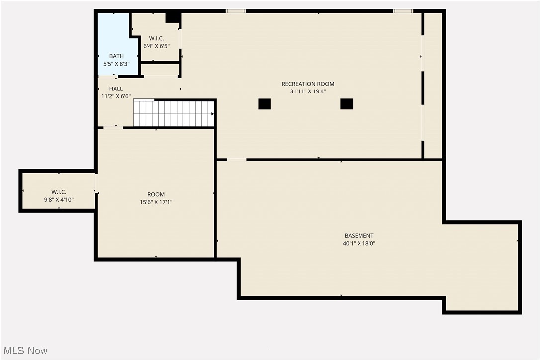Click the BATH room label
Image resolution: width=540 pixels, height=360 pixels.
pos(116,56)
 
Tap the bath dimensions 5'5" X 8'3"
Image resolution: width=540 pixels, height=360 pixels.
pos(116,64)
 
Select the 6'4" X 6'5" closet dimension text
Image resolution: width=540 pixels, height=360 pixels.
pos(157,46)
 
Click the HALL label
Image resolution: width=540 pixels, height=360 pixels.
pos(116,89)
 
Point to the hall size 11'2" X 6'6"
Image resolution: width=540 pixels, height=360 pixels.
pos(116,96)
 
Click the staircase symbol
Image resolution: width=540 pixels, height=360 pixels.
pos(174,113)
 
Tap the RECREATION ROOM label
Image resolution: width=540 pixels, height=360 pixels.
pos(308,84)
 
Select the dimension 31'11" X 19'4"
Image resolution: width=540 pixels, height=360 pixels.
pos(308,91)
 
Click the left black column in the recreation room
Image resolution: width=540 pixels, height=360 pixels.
pos(265,104)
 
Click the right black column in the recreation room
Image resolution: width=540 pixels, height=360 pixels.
pos(347,104)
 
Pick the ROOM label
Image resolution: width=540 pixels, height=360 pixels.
pos(156,194)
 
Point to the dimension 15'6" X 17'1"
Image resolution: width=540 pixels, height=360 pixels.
pos(156,202)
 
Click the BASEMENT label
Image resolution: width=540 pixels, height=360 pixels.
pos(359,236)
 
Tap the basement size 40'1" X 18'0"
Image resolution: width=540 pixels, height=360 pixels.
pos(359,244)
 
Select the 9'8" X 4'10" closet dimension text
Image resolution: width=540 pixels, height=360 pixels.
pos(59,200)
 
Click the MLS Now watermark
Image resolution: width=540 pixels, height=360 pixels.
pos(24,351)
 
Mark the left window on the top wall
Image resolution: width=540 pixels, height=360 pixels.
pos(235,11)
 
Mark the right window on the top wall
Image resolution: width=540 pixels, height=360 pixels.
pos(403,11)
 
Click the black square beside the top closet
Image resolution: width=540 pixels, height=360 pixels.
pos(173,17)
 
